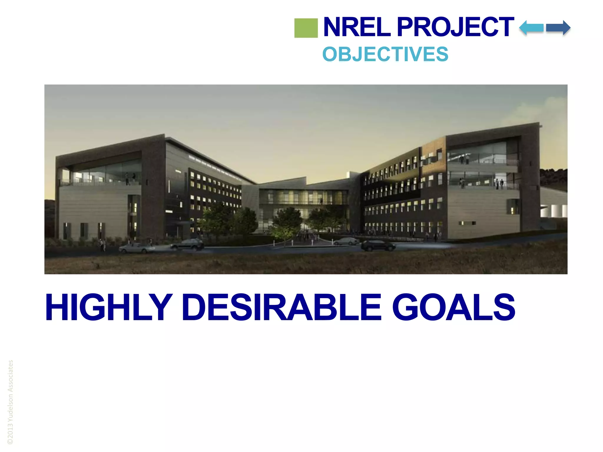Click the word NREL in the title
[x=357, y=27]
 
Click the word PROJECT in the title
[x=455, y=27]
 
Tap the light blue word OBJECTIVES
[x=385, y=54]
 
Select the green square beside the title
[x=306, y=28]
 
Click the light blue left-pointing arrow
[x=531, y=28]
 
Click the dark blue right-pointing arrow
[x=558, y=28]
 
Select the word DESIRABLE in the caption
[x=281, y=307]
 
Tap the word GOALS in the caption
[x=453, y=307]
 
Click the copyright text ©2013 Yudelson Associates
[x=10, y=402]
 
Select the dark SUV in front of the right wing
[x=378, y=245]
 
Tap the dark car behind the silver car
[x=188, y=244]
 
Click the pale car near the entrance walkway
[x=346, y=242]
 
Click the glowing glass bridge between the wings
[x=303, y=197]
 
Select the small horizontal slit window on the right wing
[x=467, y=223]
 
